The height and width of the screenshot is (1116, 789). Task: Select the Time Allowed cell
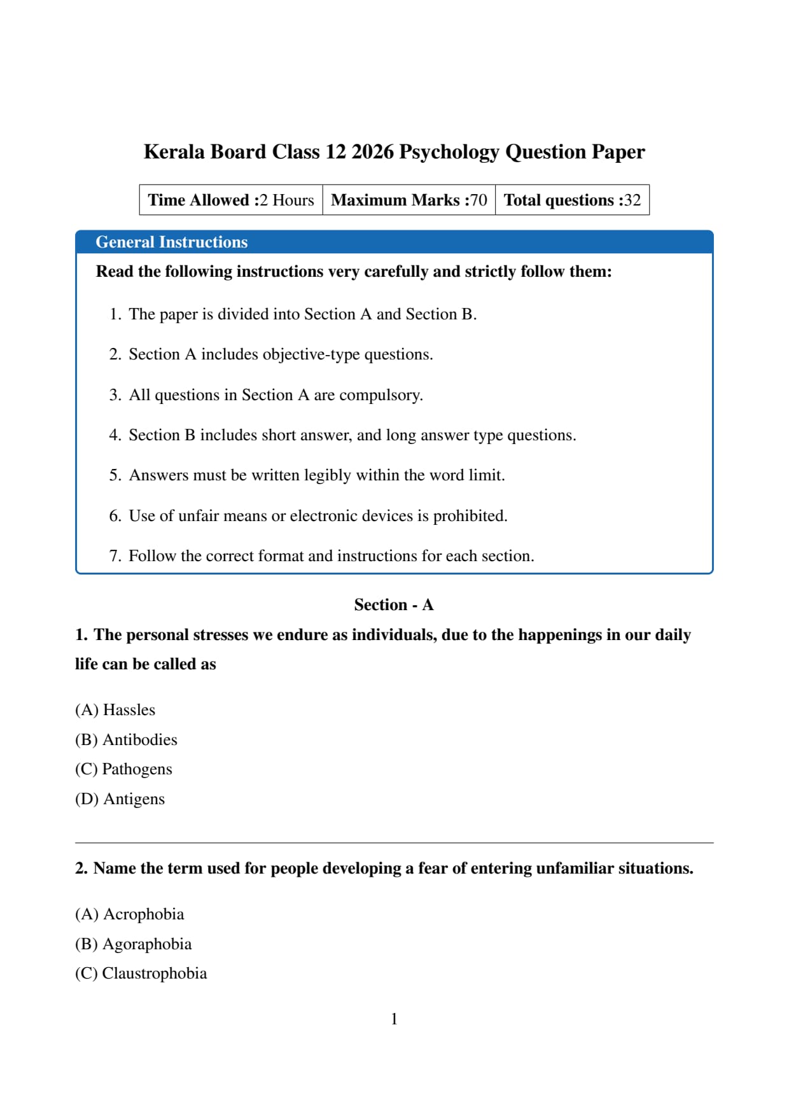[231, 200]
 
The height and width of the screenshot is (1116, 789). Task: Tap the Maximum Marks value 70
[478, 200]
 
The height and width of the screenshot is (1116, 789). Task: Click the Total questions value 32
[632, 200]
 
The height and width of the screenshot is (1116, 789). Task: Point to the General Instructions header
[172, 242]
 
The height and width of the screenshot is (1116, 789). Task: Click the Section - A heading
[394, 605]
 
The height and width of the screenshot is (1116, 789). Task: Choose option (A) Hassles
[115, 710]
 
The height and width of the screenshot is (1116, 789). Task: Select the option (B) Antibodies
[126, 740]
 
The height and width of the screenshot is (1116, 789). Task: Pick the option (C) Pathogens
[123, 769]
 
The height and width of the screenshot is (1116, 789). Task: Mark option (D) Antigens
[120, 799]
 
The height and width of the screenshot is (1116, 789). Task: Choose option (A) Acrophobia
[129, 914]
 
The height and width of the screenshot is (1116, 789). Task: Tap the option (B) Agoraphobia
[133, 944]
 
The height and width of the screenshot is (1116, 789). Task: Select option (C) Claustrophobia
[141, 973]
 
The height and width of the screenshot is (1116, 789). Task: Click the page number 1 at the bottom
[394, 1019]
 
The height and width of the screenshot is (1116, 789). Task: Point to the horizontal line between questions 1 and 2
[394, 843]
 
